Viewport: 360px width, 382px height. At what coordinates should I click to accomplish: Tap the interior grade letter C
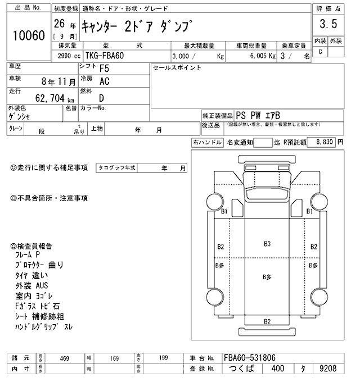(x=320, y=52)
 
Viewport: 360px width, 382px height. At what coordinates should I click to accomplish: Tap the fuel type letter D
(x=102, y=98)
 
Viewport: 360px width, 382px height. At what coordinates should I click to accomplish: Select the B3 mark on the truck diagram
(x=267, y=244)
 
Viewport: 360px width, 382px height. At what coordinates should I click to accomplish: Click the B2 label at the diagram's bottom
(x=267, y=321)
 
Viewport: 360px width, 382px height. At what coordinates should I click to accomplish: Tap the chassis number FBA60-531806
(x=250, y=358)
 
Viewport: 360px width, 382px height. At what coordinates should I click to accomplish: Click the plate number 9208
(x=327, y=370)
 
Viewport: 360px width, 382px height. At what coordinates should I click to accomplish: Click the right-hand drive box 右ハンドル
(x=207, y=143)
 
